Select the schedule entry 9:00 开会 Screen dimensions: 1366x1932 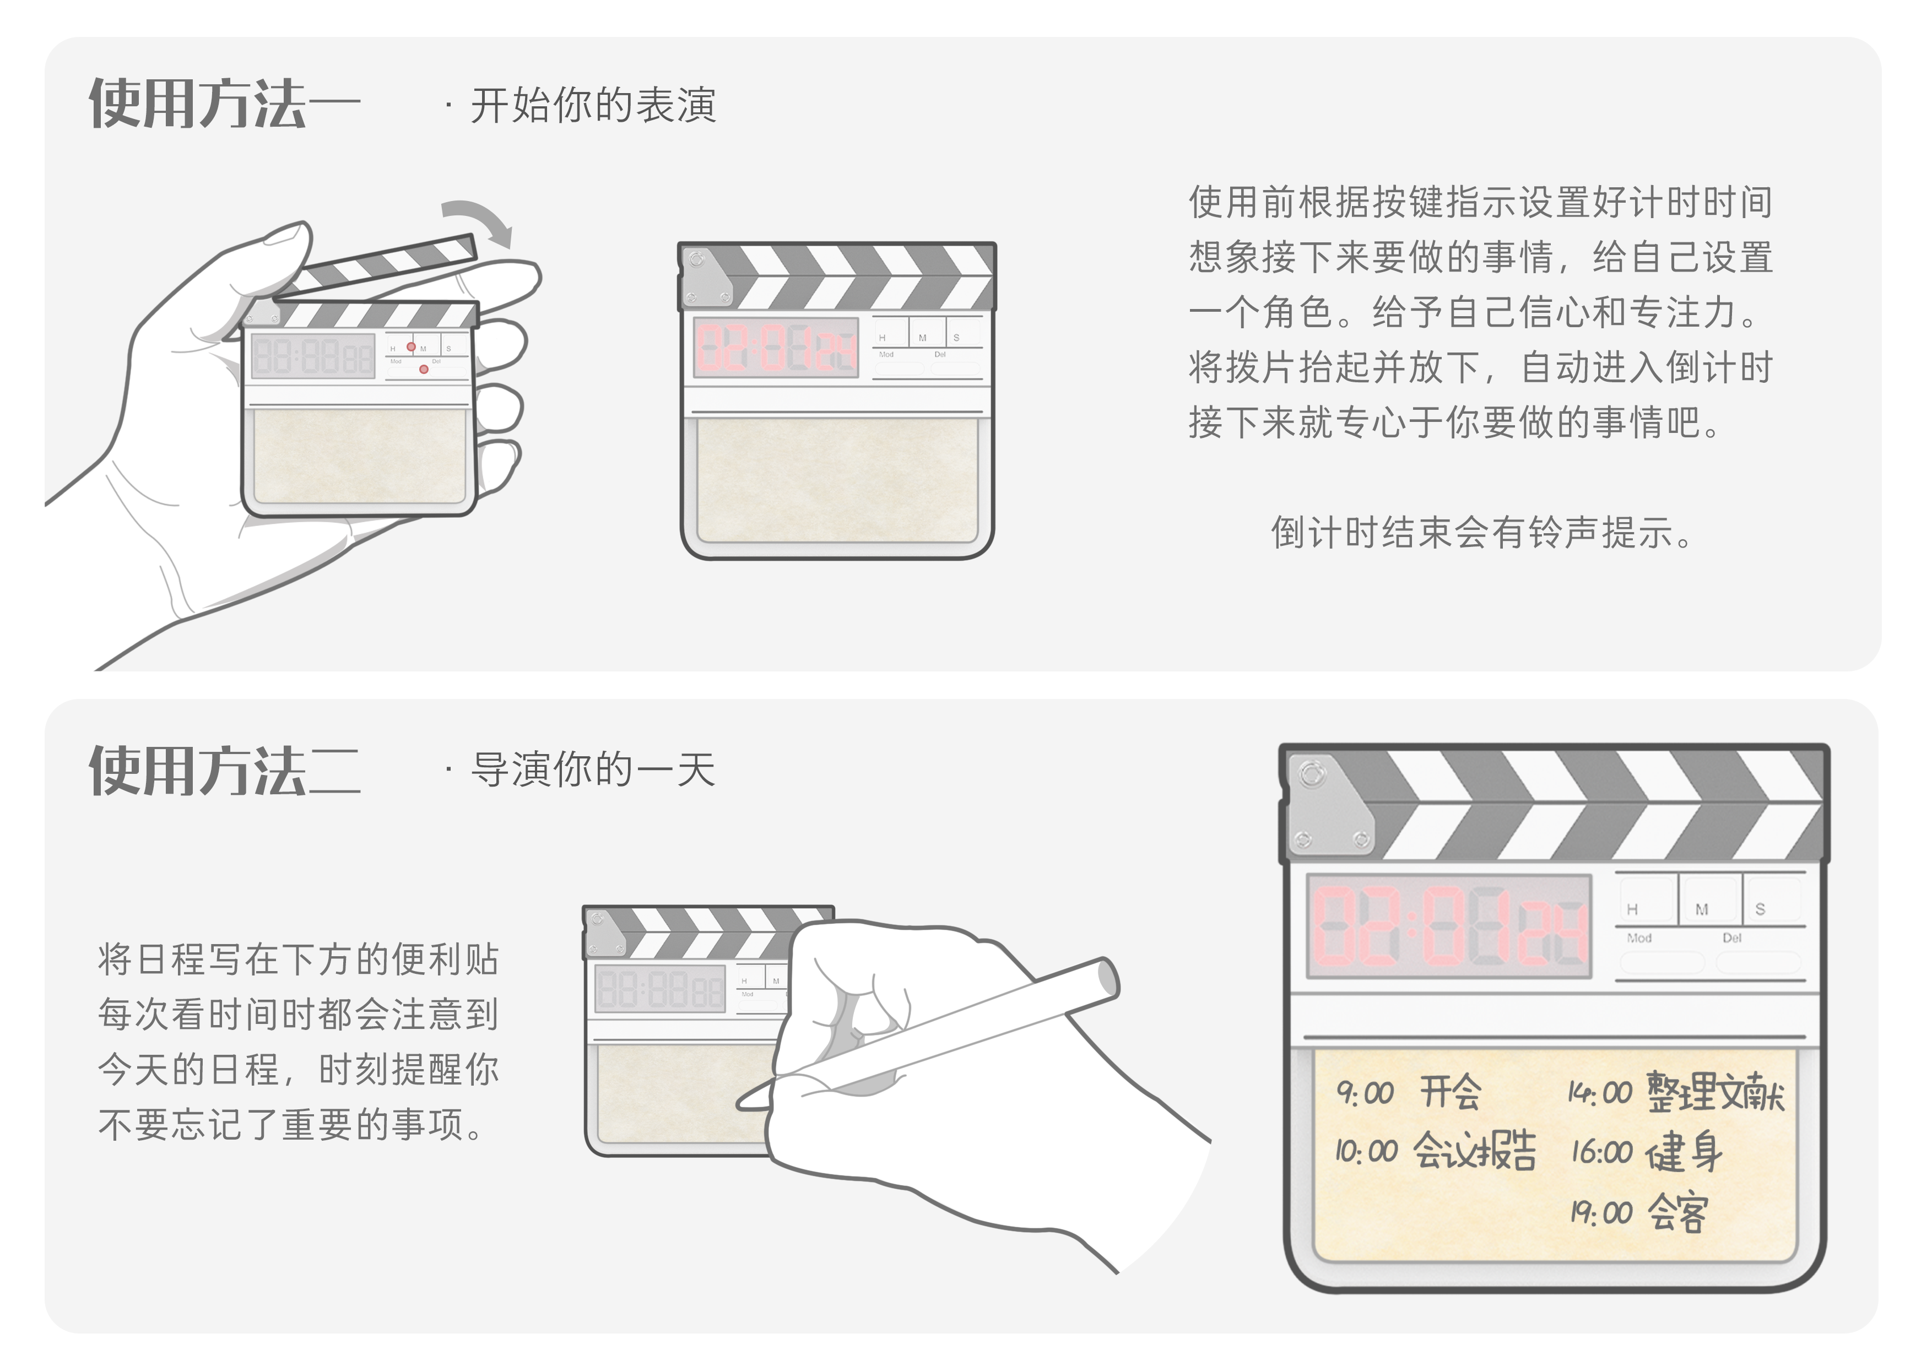point(1409,1092)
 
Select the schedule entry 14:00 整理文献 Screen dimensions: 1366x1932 point(1675,1092)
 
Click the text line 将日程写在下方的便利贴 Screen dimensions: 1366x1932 point(299,960)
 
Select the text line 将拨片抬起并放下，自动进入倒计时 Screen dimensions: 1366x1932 point(1481,367)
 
